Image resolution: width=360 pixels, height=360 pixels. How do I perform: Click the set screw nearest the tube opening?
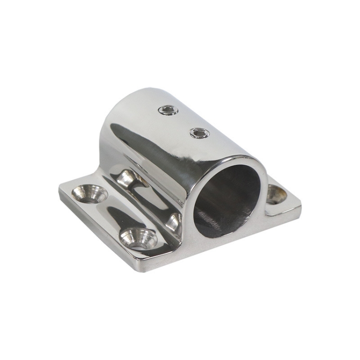199,132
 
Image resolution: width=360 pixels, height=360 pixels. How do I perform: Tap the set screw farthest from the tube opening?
168,111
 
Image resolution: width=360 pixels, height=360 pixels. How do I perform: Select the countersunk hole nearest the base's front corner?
139,238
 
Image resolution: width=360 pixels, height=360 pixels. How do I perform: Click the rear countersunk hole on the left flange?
90,193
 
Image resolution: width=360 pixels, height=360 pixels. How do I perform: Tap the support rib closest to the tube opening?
174,222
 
